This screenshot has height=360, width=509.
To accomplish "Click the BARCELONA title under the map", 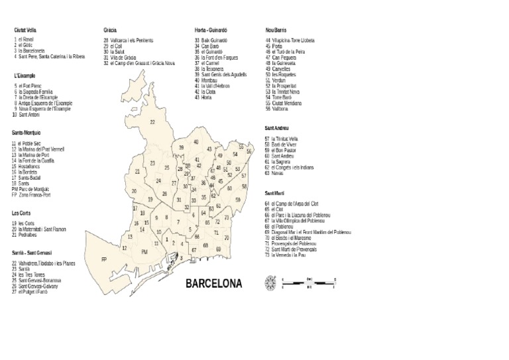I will point(213,284).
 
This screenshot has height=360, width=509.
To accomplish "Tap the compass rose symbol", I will point(270,283).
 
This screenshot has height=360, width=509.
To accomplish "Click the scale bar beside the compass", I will point(304,283).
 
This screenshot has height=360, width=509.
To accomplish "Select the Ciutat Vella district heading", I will point(25,30).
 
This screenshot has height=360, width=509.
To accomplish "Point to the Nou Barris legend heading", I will point(276,30).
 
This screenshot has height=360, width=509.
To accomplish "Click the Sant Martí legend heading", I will point(275,192).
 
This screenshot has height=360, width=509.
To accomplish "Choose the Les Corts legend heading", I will point(21,213).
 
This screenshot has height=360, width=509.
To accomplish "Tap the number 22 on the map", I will point(152,122).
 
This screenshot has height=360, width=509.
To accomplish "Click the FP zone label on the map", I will point(103,260).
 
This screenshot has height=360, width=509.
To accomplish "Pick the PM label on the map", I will point(144,252).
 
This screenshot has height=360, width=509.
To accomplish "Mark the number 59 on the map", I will point(238,200).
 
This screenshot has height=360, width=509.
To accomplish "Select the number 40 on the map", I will point(196,142).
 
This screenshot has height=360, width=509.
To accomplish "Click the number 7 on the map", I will point(178,222).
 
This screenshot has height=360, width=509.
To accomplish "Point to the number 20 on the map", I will point(134,191).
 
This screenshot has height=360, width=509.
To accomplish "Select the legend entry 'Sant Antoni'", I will point(29,115).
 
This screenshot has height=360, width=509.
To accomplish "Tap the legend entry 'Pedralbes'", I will point(27,235).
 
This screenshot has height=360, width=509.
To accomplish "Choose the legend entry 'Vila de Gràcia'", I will point(123,57).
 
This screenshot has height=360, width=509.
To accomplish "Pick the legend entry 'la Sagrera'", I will point(280,162).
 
